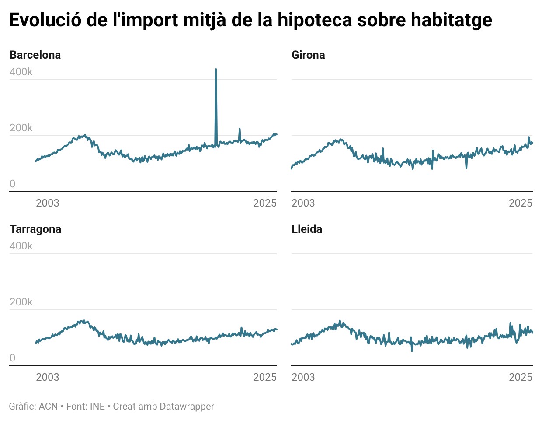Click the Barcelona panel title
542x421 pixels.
35,55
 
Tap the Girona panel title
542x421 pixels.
308,55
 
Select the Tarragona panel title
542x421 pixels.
35,229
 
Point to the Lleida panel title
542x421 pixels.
307,229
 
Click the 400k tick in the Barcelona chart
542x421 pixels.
21,72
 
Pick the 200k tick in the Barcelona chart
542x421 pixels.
21,128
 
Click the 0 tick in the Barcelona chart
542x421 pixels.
13,184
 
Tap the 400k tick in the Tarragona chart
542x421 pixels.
21,246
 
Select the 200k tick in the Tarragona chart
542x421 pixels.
21,302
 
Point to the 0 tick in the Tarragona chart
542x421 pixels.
13,358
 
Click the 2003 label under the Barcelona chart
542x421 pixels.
47,203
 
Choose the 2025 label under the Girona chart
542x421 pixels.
521,203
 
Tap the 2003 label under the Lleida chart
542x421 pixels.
303,377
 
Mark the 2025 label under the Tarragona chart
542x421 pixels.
265,377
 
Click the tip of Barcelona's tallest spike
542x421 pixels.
216,69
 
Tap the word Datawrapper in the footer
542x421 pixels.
187,406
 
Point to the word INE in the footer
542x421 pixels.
97,406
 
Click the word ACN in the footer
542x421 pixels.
48,406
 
